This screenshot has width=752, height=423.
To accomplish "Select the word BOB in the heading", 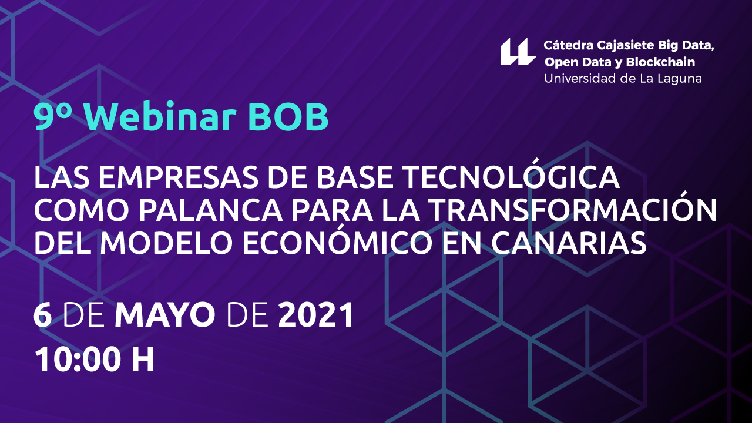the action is pos(288,117).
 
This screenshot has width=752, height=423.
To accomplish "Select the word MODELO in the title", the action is pos(167,243).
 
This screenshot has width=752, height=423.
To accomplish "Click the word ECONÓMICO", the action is pos(337,240).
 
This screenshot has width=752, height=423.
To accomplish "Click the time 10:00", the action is pos(78,360).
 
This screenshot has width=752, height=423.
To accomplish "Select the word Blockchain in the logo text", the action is pos(660,62).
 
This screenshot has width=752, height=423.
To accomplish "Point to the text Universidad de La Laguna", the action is pos(623,79).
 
